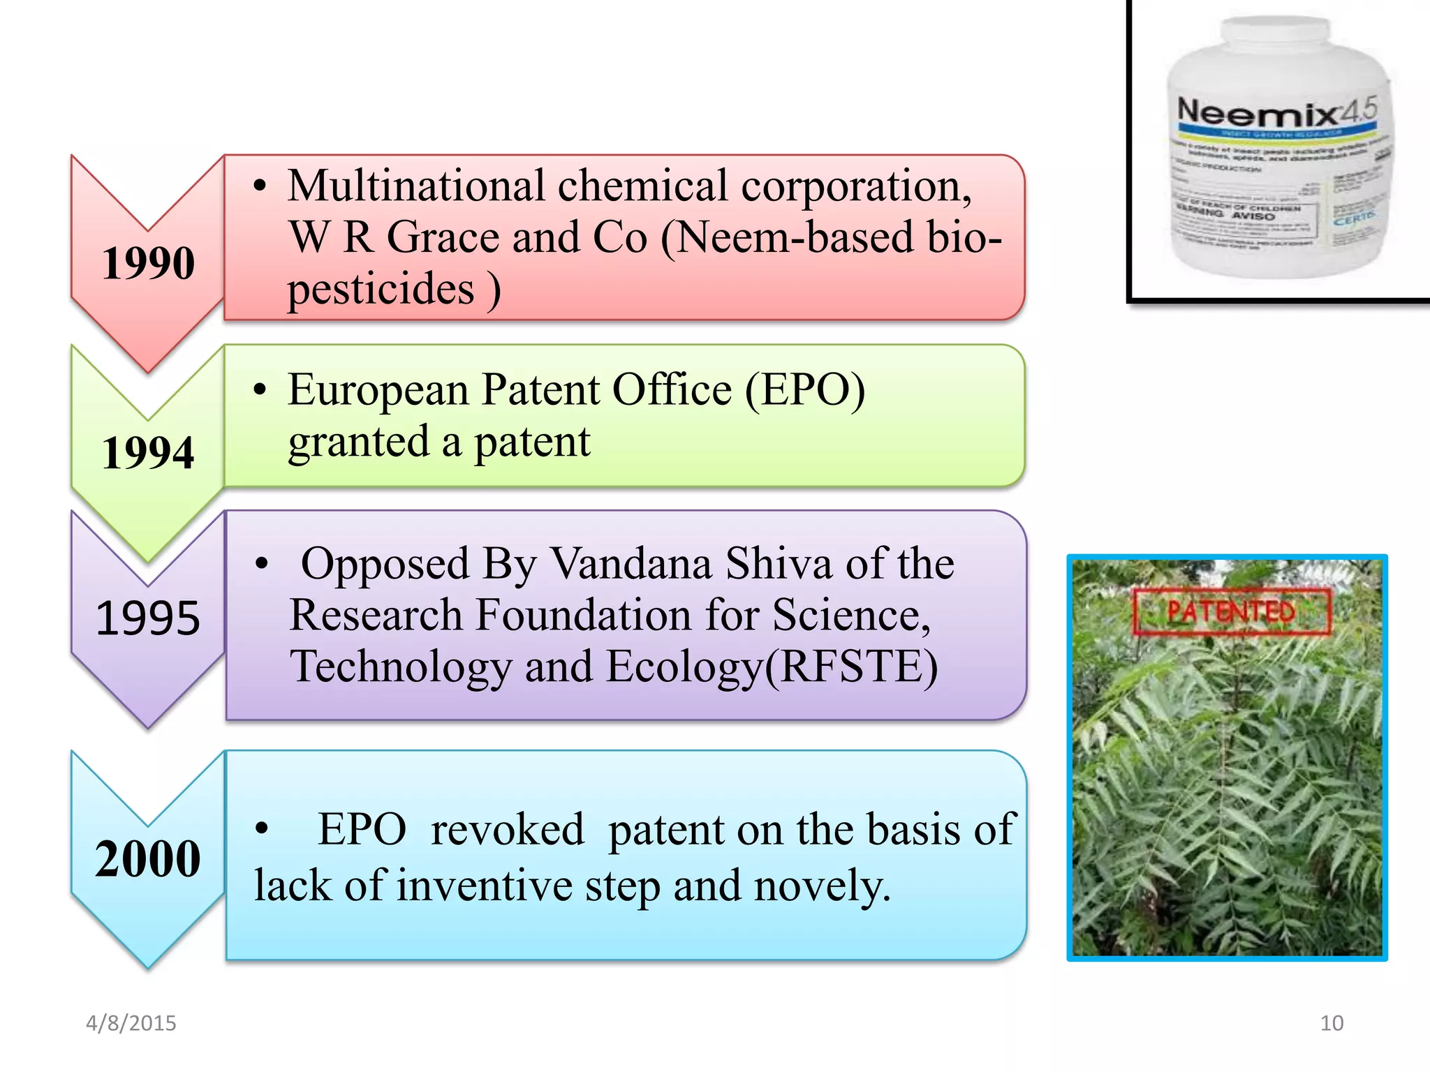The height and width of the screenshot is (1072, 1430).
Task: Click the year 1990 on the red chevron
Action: click(x=148, y=263)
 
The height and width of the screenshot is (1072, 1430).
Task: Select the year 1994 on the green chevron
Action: click(x=148, y=452)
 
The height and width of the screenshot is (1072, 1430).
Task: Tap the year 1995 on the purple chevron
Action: click(x=148, y=618)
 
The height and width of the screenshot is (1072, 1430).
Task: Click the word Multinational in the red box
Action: click(x=416, y=186)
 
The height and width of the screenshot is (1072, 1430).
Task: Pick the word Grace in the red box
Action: click(x=444, y=237)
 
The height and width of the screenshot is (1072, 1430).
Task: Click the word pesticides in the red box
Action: click(x=381, y=289)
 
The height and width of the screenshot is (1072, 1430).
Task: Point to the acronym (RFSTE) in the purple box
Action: click(x=852, y=667)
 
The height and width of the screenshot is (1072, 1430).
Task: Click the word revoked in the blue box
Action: click(x=507, y=830)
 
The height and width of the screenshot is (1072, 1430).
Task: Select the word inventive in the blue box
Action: click(x=485, y=886)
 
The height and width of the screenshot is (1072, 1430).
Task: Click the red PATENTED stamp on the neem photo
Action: click(x=1231, y=612)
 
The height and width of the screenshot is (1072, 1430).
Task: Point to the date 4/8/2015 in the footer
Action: click(x=131, y=1023)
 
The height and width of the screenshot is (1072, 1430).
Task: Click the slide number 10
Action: click(x=1332, y=1023)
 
